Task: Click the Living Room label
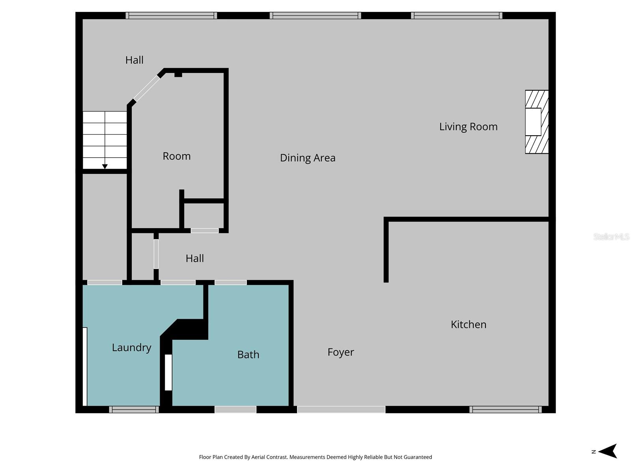point(468,127)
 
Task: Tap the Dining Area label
point(308,158)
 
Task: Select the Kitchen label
point(468,324)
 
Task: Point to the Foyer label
point(340,352)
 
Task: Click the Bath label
point(248,354)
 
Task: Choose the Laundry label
point(131,347)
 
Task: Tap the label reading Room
point(176,156)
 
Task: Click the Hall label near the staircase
point(134,60)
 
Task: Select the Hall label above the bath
point(194,258)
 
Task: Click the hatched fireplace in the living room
point(537,122)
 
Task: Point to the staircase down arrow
point(105,166)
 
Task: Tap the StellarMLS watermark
point(611,236)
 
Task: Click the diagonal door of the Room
point(147,88)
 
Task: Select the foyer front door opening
point(341,410)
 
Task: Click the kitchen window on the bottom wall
point(505,410)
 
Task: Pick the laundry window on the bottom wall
point(134,410)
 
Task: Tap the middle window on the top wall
point(315,15)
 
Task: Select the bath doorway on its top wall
point(231,282)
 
